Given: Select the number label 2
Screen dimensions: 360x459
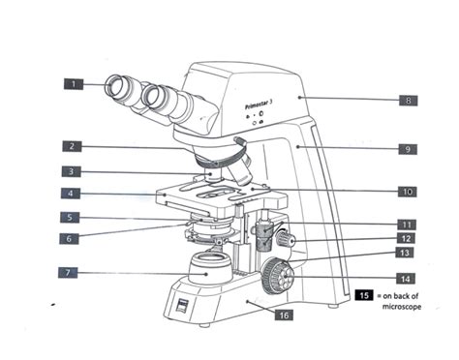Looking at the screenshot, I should pos(73,147).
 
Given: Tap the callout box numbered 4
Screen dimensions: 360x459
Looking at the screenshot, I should pos(73,195).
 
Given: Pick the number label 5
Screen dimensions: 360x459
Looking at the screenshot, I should pos(73,218).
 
